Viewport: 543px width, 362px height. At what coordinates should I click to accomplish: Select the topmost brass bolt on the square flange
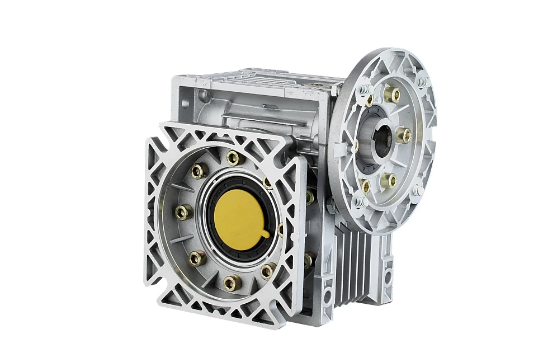233,158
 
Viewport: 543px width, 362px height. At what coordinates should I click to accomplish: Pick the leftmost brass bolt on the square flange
183,212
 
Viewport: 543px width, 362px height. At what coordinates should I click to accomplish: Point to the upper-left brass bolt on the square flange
199,171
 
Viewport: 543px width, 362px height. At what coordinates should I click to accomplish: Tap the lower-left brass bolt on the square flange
197,258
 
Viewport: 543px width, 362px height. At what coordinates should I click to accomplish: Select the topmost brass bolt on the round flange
392,95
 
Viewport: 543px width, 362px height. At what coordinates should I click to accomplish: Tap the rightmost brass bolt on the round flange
404,135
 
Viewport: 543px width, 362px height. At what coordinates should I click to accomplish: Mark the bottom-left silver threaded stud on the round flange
360,201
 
